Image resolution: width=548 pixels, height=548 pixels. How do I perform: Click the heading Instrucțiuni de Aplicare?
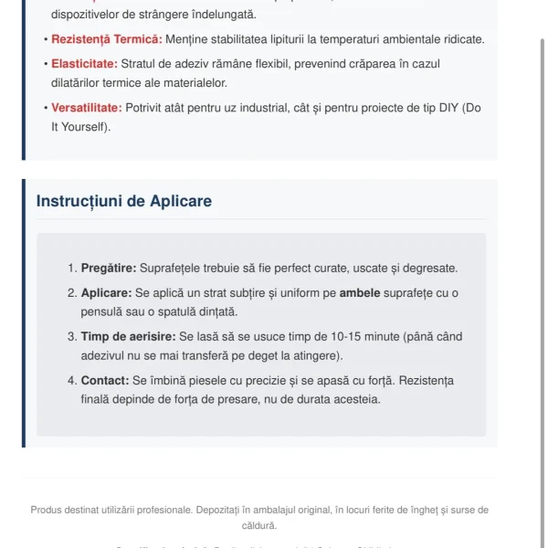click(124, 201)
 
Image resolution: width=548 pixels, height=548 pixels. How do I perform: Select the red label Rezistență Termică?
click(107, 39)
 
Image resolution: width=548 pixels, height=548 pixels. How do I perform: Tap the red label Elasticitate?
click(84, 63)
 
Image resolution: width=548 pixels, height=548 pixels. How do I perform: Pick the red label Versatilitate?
click(87, 108)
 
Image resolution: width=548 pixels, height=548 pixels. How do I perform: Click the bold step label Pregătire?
click(108, 269)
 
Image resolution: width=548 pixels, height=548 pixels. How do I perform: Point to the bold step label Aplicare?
click(106, 293)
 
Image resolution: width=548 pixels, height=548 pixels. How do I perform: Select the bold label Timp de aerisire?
click(129, 336)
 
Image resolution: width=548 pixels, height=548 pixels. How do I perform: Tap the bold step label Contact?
click(104, 380)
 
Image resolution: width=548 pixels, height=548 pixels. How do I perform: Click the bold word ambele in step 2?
click(360, 293)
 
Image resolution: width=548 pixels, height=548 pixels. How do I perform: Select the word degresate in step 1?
click(429, 269)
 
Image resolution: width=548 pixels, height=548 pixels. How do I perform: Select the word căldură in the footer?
click(258, 525)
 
